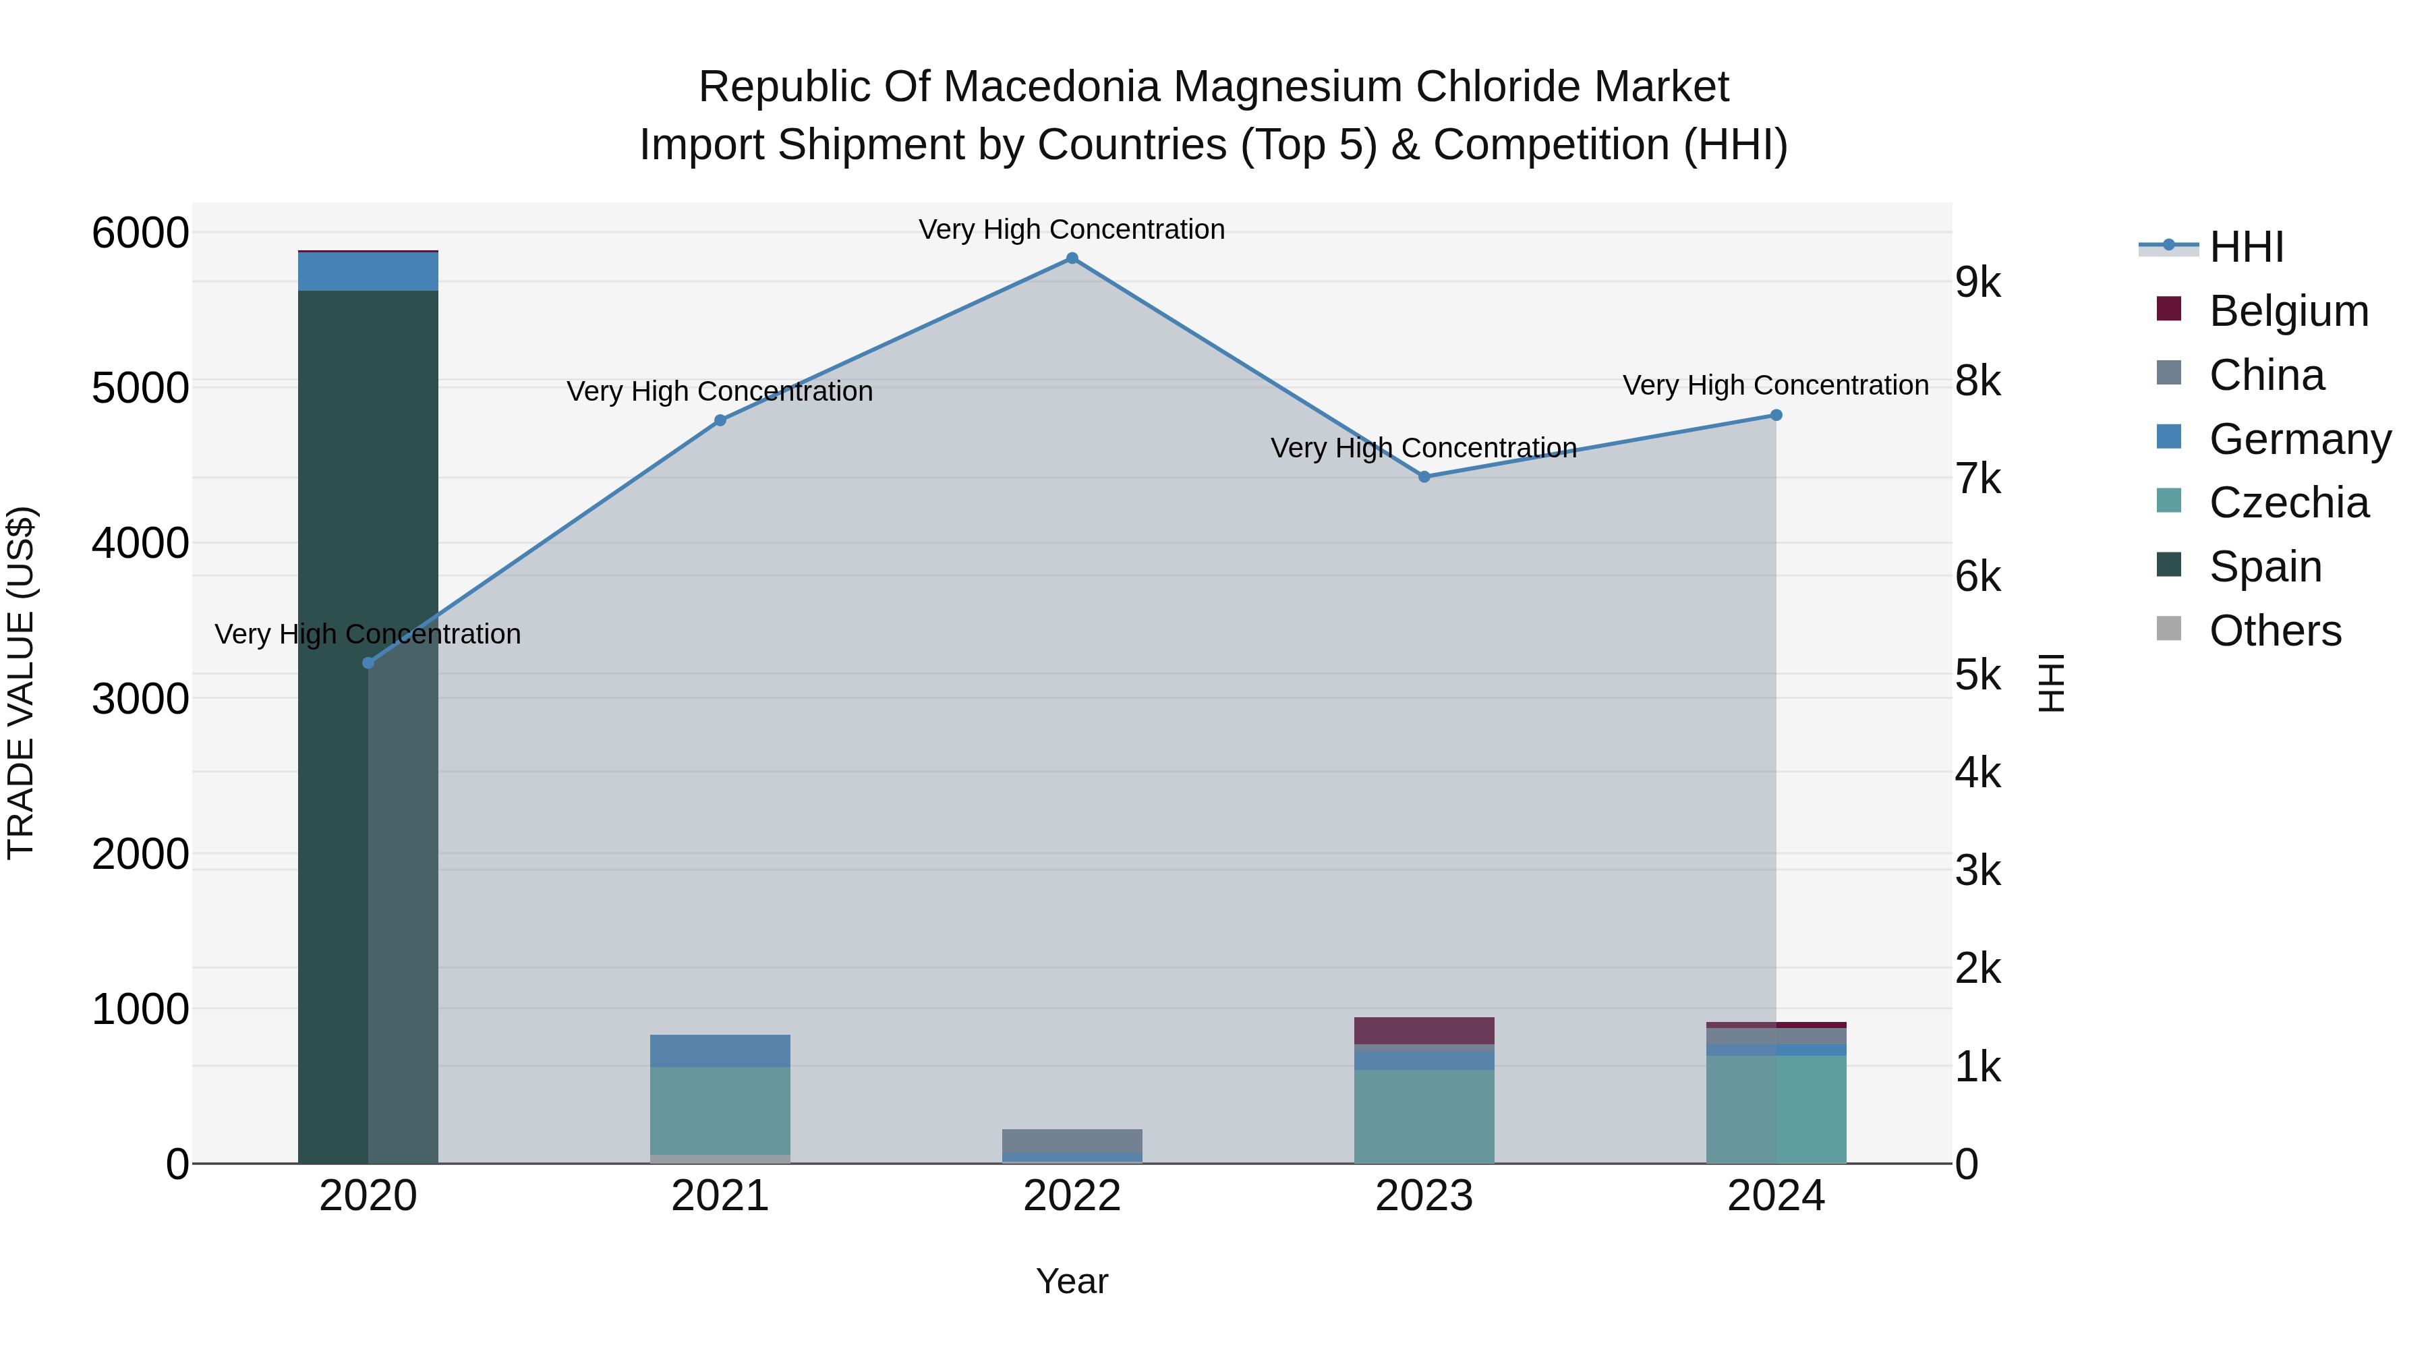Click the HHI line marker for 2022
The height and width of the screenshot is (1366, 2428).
click(x=1072, y=258)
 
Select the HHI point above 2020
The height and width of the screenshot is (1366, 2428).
click(x=368, y=662)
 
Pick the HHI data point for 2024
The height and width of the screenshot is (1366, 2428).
click(x=1776, y=415)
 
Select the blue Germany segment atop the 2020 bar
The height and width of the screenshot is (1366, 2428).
click(x=368, y=271)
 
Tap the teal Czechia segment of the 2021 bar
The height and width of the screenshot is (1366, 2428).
click(x=720, y=1110)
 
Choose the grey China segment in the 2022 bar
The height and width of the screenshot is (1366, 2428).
click(x=1072, y=1141)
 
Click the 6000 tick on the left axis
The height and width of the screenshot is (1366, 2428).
click(x=140, y=233)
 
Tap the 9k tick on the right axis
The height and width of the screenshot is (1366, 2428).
click(x=1977, y=282)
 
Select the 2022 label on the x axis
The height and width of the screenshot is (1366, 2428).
click(x=1072, y=1196)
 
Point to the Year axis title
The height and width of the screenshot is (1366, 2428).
click(x=1072, y=1281)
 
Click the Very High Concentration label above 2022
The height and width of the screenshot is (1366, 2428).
click(x=1072, y=229)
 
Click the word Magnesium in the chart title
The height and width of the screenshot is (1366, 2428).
click(x=1288, y=87)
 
